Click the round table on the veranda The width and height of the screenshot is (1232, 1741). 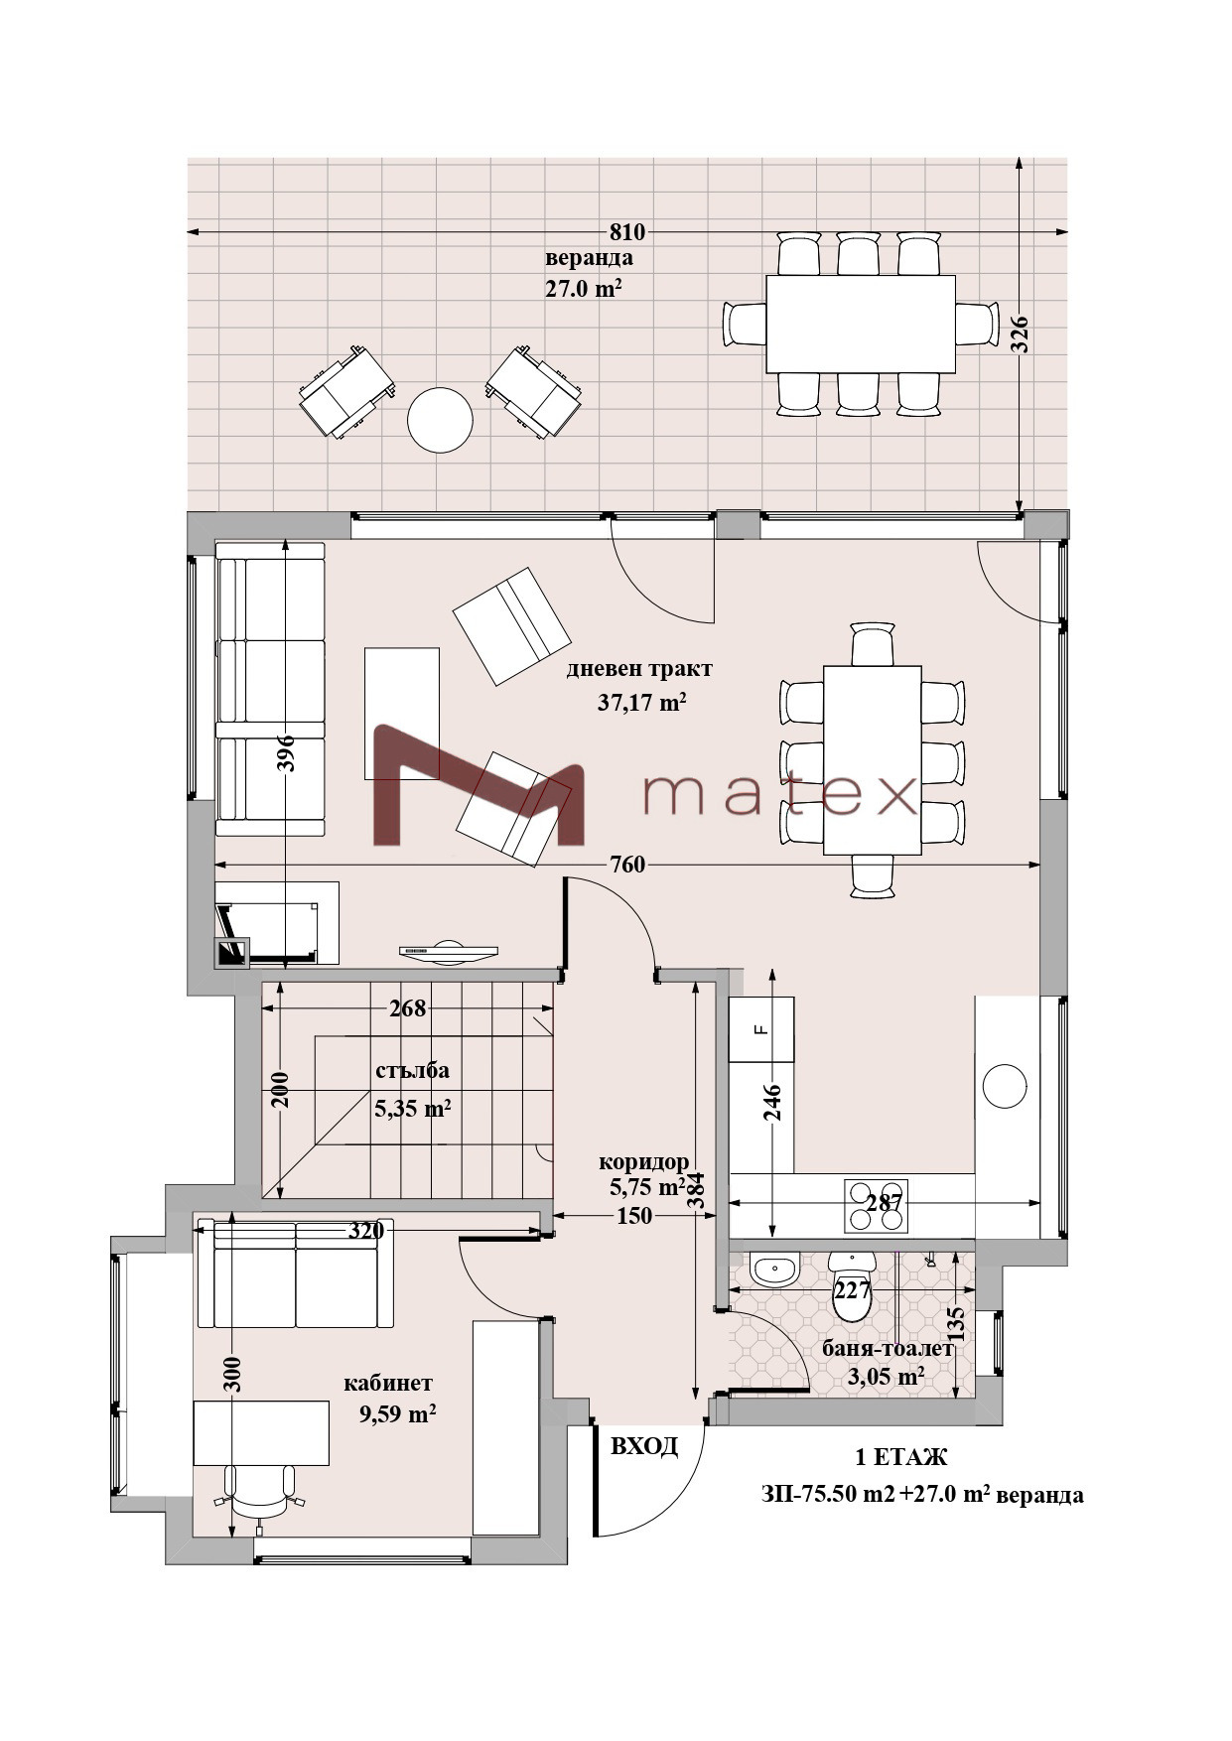pyautogui.click(x=440, y=420)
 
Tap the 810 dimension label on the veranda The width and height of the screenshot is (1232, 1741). pyautogui.click(x=626, y=232)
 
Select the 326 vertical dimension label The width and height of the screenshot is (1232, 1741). pyautogui.click(x=1020, y=335)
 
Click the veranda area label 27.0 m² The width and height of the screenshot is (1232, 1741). pyautogui.click(x=584, y=289)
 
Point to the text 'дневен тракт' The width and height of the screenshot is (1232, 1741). pyautogui.click(x=638, y=669)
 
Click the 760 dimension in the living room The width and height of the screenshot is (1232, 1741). pyautogui.click(x=627, y=865)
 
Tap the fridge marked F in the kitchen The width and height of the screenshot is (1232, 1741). pyautogui.click(x=761, y=1029)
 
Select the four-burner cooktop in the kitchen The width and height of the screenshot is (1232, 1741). pyautogui.click(x=877, y=1204)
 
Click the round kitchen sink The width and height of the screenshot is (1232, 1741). pyautogui.click(x=1005, y=1086)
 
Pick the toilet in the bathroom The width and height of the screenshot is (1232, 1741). pyautogui.click(x=852, y=1286)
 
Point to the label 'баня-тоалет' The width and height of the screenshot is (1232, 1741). pyautogui.click(x=888, y=1349)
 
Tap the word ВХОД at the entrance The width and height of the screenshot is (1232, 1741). pyautogui.click(x=644, y=1446)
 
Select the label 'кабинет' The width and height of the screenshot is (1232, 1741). pyautogui.click(x=388, y=1383)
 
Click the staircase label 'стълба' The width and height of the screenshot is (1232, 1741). pyautogui.click(x=412, y=1070)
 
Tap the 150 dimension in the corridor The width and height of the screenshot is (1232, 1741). pyautogui.click(x=633, y=1216)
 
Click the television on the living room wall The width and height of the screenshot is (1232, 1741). pyautogui.click(x=448, y=950)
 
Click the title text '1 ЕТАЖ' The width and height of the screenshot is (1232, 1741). pyautogui.click(x=901, y=1458)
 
